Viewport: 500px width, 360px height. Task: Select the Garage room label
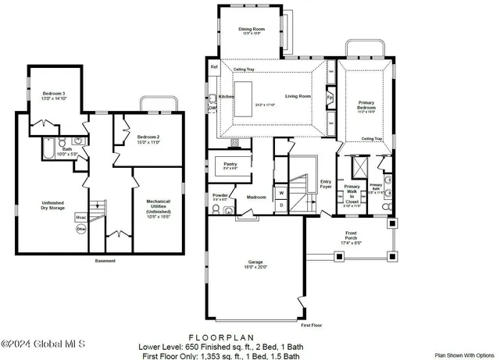click(x=256, y=263)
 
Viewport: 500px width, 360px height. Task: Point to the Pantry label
click(x=231, y=164)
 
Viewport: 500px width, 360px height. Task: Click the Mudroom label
click(x=256, y=198)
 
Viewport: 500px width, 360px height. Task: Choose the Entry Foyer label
click(x=326, y=184)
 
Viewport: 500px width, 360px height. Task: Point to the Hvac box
click(x=80, y=217)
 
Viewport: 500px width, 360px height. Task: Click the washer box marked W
click(x=280, y=192)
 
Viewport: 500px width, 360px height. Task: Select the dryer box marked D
click(x=280, y=205)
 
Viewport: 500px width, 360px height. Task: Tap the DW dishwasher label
click(x=212, y=109)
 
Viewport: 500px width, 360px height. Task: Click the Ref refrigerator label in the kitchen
click(x=213, y=67)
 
